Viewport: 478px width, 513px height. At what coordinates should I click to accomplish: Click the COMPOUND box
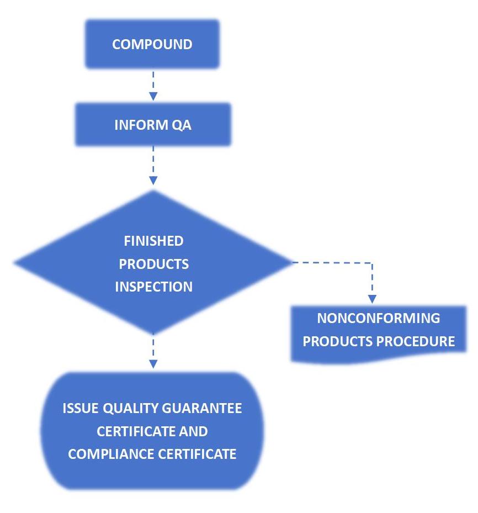152,44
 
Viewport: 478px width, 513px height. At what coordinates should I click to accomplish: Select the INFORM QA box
152,125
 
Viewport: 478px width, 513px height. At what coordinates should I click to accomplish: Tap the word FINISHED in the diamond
153,241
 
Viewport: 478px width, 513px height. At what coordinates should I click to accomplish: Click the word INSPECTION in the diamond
153,287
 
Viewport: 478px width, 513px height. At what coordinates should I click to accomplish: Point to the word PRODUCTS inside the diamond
153,264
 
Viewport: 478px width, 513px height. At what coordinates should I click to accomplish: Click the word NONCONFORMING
379,319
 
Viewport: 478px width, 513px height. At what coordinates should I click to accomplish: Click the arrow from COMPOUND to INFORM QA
153,85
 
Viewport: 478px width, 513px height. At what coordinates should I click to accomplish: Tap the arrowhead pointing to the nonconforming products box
372,299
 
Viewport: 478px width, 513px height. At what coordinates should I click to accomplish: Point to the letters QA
182,125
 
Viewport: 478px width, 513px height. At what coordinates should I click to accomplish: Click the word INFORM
140,125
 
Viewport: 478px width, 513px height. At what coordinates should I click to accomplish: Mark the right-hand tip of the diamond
290,262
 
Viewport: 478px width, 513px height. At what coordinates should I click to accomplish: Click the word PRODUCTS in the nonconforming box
338,341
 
